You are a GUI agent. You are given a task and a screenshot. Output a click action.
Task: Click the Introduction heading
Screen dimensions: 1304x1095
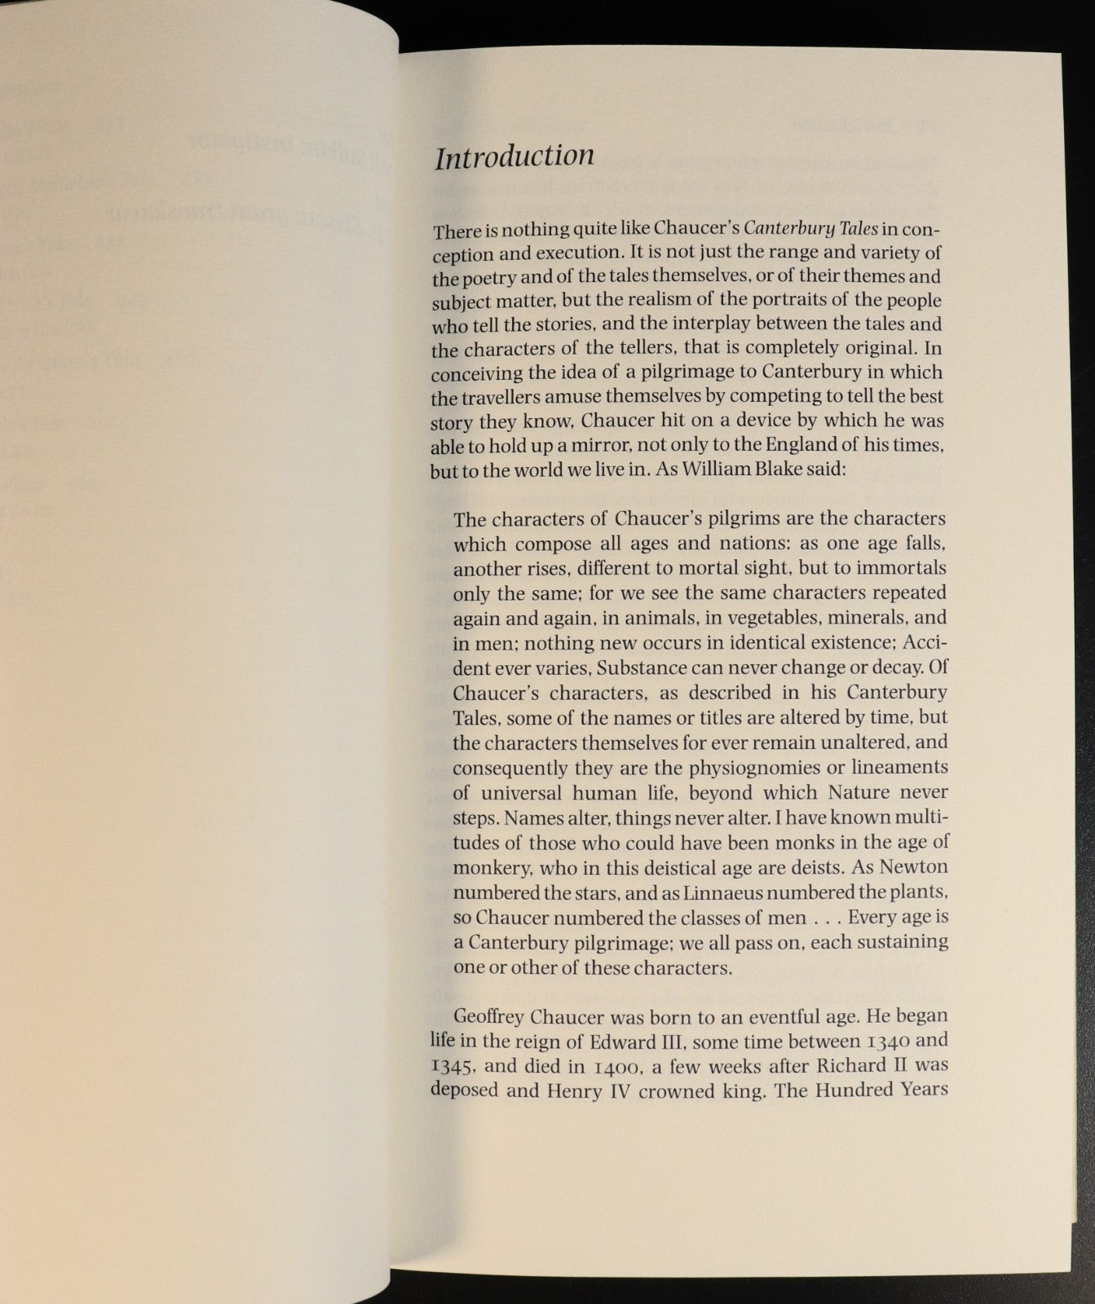point(514,156)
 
